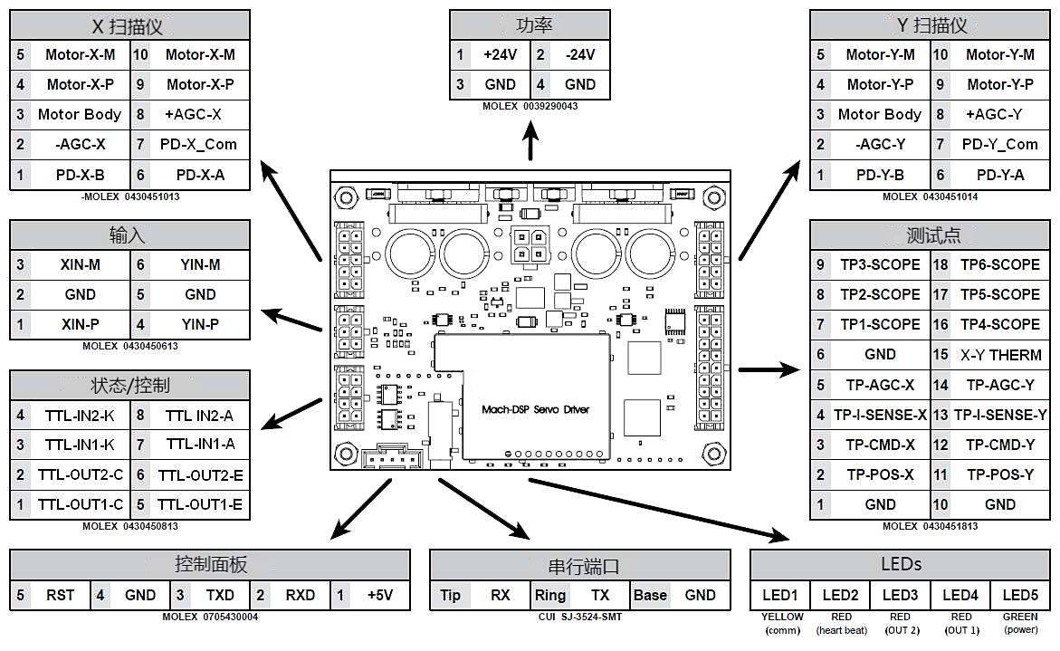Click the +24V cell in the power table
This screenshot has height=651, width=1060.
pos(500,54)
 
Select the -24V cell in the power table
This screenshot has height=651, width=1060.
pos(579,54)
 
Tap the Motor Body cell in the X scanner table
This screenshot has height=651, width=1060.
pos(80,114)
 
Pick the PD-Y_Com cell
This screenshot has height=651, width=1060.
pos(999,144)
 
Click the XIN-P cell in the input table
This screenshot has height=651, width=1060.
pos(80,324)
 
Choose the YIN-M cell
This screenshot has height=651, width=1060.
pos(200,264)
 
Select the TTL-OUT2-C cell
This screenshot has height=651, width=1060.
pos(81,475)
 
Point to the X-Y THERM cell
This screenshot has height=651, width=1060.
pos(1000,355)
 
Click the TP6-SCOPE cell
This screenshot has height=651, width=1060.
pos(1000,264)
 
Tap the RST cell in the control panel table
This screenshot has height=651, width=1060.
pos(61,595)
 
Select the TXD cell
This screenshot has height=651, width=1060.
pos(220,595)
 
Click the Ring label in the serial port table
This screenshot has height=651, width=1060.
pos(549,595)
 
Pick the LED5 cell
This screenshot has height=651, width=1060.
pos(1020,595)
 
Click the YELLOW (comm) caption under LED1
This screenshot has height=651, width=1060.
pos(781,623)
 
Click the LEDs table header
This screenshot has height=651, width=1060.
pos(902,564)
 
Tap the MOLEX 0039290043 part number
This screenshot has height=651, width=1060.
pos(530,106)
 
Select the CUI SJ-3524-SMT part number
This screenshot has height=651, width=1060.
pos(579,617)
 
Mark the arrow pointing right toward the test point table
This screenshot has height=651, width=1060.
pos(769,369)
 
